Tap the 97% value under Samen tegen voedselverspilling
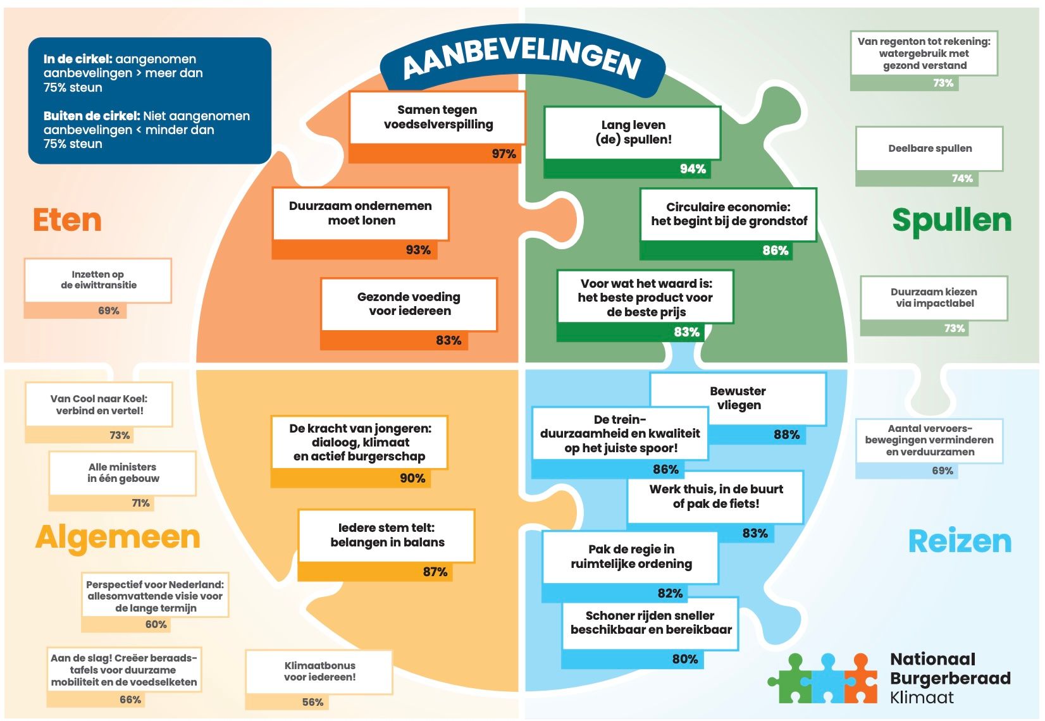click(504, 154)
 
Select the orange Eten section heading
click(67, 220)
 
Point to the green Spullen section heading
click(951, 220)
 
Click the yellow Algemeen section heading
click(118, 537)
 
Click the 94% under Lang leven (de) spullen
click(693, 169)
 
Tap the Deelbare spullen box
click(930, 149)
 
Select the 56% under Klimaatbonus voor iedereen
click(312, 702)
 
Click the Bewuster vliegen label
click(738, 398)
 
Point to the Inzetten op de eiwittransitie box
click(98, 280)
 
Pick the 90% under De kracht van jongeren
click(412, 478)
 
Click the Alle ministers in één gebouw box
click(123, 473)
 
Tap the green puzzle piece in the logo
click(791, 679)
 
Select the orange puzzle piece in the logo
click(861, 679)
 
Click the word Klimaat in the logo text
click(922, 698)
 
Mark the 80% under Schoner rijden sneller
click(685, 659)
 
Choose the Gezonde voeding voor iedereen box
click(409, 305)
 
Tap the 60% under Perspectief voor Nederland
click(156, 624)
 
